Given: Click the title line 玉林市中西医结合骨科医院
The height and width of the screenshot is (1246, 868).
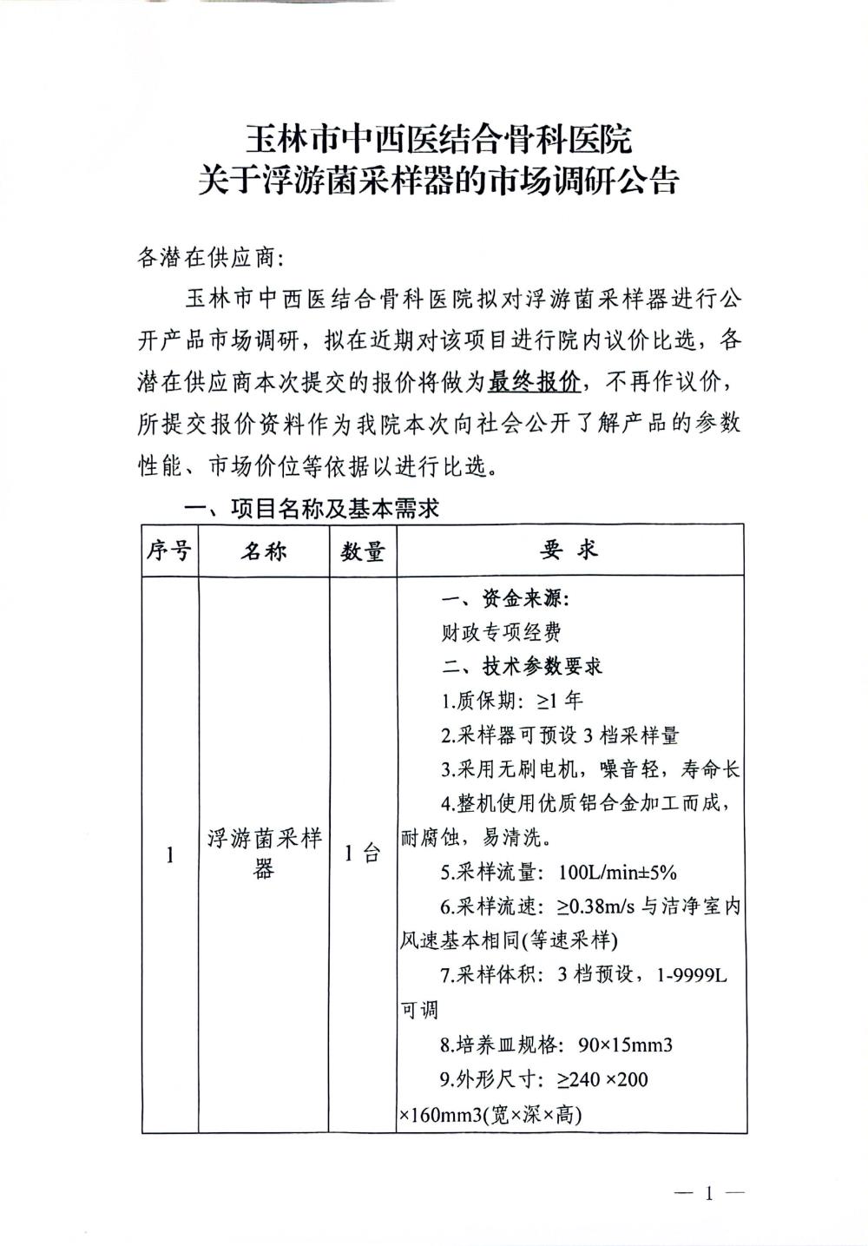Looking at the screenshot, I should (x=438, y=138).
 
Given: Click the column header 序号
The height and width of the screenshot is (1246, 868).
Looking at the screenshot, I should (x=169, y=550).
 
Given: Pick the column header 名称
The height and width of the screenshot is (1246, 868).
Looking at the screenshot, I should (x=263, y=550).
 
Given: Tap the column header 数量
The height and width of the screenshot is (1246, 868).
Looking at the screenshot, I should (x=362, y=550).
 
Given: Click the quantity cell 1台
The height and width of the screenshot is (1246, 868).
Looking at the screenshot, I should (x=362, y=854).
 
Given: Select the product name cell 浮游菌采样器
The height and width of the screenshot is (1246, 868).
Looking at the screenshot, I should (x=263, y=854).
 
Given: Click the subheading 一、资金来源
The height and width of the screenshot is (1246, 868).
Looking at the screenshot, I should (x=505, y=599).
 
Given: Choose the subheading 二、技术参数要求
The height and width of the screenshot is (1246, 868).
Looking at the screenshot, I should (x=521, y=666).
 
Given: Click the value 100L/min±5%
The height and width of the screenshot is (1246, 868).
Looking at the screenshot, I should (x=619, y=873).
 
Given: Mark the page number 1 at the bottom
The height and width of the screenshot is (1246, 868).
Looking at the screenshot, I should (x=709, y=1193).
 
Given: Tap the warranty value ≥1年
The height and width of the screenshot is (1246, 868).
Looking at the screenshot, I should (x=561, y=701).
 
